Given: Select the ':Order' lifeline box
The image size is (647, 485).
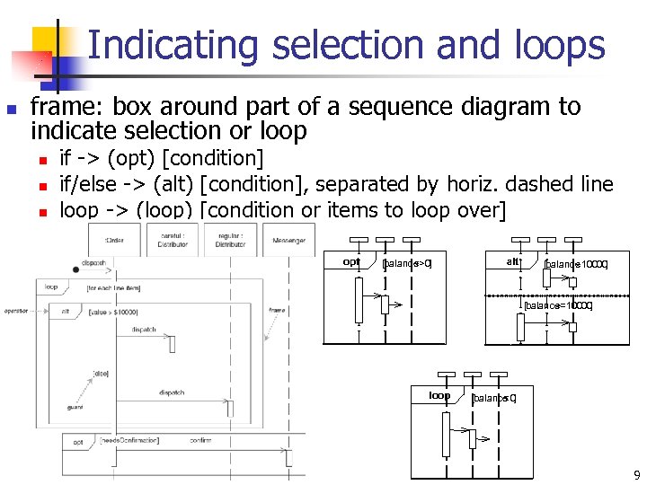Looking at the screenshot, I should click(113, 241).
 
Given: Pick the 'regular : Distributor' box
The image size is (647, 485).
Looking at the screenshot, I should click(231, 240).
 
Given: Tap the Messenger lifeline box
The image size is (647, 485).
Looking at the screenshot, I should click(289, 241).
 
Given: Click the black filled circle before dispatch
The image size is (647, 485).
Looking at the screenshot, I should click(75, 269).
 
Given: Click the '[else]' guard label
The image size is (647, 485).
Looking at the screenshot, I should click(100, 373).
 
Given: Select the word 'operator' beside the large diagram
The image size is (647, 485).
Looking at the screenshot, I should click(16, 310).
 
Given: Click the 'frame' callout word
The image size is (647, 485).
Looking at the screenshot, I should click(277, 310).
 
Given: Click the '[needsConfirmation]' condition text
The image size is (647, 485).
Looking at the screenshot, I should click(129, 441).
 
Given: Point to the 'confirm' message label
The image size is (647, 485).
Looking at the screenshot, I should click(200, 441).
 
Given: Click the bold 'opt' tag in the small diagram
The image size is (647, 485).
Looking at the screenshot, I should click(351, 262).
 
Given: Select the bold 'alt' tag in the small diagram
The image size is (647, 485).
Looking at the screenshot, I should click(512, 261).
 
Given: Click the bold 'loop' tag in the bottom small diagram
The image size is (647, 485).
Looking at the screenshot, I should click(439, 395).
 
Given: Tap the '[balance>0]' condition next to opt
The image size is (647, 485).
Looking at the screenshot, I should click(407, 264).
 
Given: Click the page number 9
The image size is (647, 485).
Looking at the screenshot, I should click(636, 474).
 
